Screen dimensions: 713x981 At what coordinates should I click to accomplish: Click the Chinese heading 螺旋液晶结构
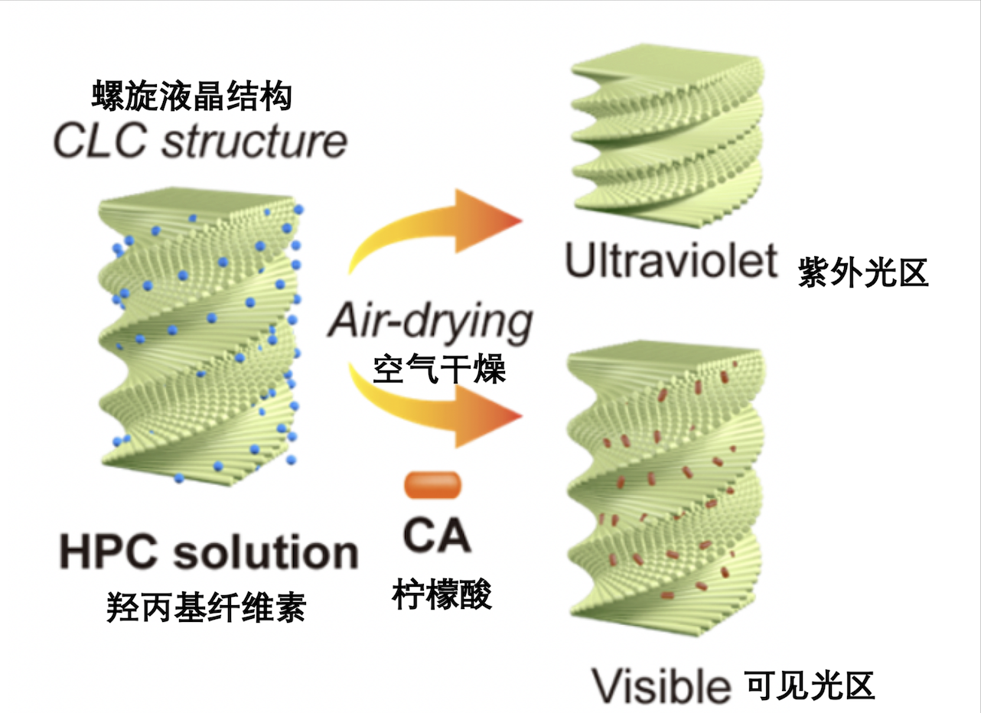(191, 98)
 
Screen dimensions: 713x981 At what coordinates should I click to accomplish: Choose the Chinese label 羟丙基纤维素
(207, 608)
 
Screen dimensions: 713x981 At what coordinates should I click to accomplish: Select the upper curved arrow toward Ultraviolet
(436, 230)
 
